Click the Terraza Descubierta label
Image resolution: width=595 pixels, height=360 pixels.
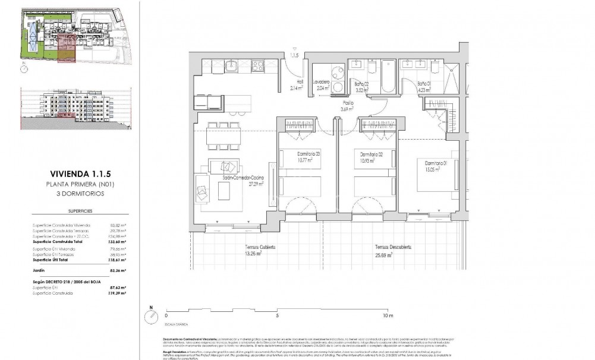coord(393,247)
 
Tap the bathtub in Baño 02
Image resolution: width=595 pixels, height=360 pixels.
coord(389,77)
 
